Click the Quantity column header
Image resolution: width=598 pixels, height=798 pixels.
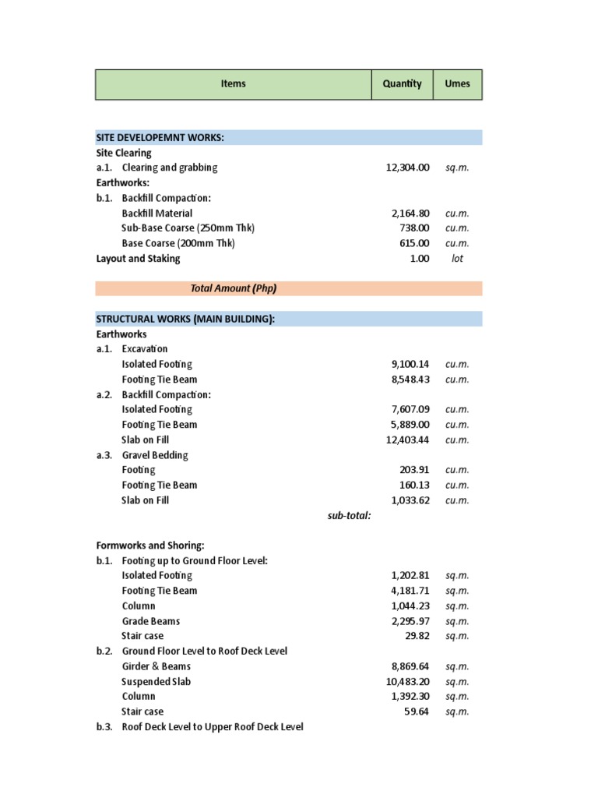pyautogui.click(x=402, y=84)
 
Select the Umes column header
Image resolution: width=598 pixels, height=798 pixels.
pyautogui.click(x=457, y=84)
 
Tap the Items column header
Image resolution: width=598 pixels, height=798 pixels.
pyautogui.click(x=233, y=84)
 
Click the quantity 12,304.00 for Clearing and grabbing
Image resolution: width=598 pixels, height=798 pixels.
pyautogui.click(x=407, y=168)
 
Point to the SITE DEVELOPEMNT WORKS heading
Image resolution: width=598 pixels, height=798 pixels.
pyautogui.click(x=160, y=138)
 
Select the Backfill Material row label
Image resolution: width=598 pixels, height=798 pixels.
pyautogui.click(x=157, y=213)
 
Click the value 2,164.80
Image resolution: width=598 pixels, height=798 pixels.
pyautogui.click(x=410, y=213)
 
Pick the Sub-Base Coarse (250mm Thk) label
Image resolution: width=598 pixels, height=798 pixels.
pyautogui.click(x=188, y=228)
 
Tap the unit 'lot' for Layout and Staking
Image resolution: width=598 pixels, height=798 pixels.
pyautogui.click(x=457, y=259)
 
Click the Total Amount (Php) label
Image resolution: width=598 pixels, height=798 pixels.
pyautogui.click(x=234, y=288)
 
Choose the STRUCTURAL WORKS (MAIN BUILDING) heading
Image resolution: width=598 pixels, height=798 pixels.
pyautogui.click(x=185, y=319)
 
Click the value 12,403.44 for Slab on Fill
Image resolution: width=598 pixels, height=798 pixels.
pyautogui.click(x=407, y=440)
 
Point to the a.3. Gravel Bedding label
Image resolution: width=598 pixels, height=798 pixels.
pyautogui.click(x=142, y=455)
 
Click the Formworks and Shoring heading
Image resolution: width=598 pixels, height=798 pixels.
pyautogui.click(x=149, y=546)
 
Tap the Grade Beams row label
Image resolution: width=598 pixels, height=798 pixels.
pyautogui.click(x=151, y=621)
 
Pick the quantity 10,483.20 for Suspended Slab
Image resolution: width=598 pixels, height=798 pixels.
pyautogui.click(x=407, y=682)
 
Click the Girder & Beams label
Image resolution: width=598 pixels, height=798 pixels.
pyautogui.click(x=157, y=666)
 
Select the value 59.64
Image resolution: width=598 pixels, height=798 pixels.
pyautogui.click(x=416, y=711)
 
